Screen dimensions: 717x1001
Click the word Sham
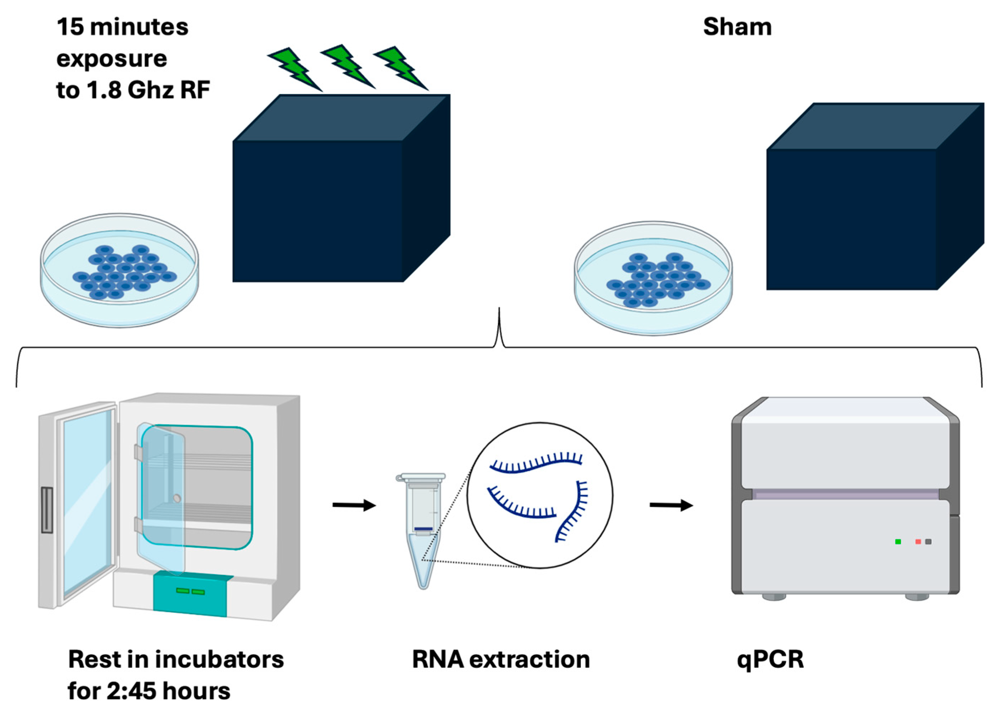[737, 27]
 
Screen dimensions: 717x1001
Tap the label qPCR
[771, 659]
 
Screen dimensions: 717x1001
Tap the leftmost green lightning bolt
[294, 69]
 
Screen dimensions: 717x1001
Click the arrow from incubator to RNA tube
[354, 505]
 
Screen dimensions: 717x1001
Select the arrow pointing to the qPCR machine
[671, 505]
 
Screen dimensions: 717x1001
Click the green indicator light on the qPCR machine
[898, 541]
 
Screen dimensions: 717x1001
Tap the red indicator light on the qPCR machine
[918, 541]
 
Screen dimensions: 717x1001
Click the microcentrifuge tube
[422, 530]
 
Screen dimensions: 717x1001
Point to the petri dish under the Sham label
[653, 278]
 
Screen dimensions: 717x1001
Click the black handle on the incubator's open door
[47, 510]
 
